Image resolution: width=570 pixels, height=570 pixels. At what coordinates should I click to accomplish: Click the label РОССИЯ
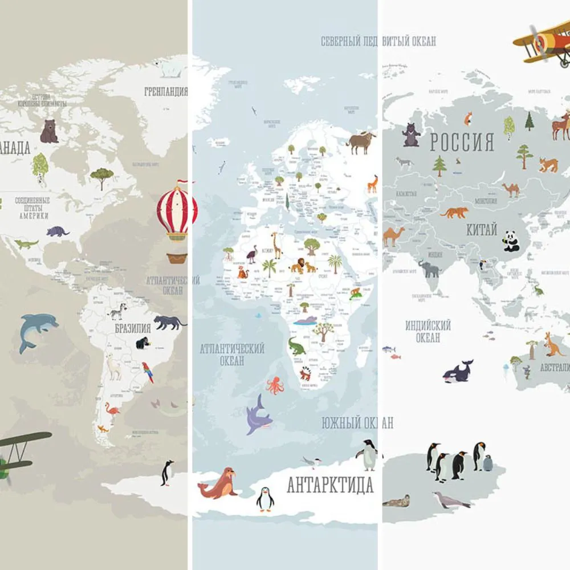coord(462,142)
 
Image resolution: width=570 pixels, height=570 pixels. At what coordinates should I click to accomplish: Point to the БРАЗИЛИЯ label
coord(132,328)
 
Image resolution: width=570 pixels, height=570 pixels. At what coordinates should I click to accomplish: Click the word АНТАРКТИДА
coord(330,485)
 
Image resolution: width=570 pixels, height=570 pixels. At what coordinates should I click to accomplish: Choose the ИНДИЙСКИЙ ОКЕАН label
coord(428,331)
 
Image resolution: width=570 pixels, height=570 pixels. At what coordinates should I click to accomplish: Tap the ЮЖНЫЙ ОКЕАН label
coord(357,423)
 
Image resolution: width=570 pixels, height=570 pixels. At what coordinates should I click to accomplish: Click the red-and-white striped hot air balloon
coord(177,210)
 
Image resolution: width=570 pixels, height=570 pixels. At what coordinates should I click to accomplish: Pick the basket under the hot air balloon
coord(177,258)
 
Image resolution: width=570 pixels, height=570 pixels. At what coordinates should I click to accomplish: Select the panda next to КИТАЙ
coord(511,241)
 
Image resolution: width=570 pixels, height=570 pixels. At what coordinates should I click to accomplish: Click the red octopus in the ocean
coord(275,385)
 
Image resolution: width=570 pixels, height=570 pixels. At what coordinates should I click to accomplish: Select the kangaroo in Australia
coord(552,345)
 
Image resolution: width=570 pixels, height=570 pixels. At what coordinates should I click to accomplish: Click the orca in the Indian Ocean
coord(458,372)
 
